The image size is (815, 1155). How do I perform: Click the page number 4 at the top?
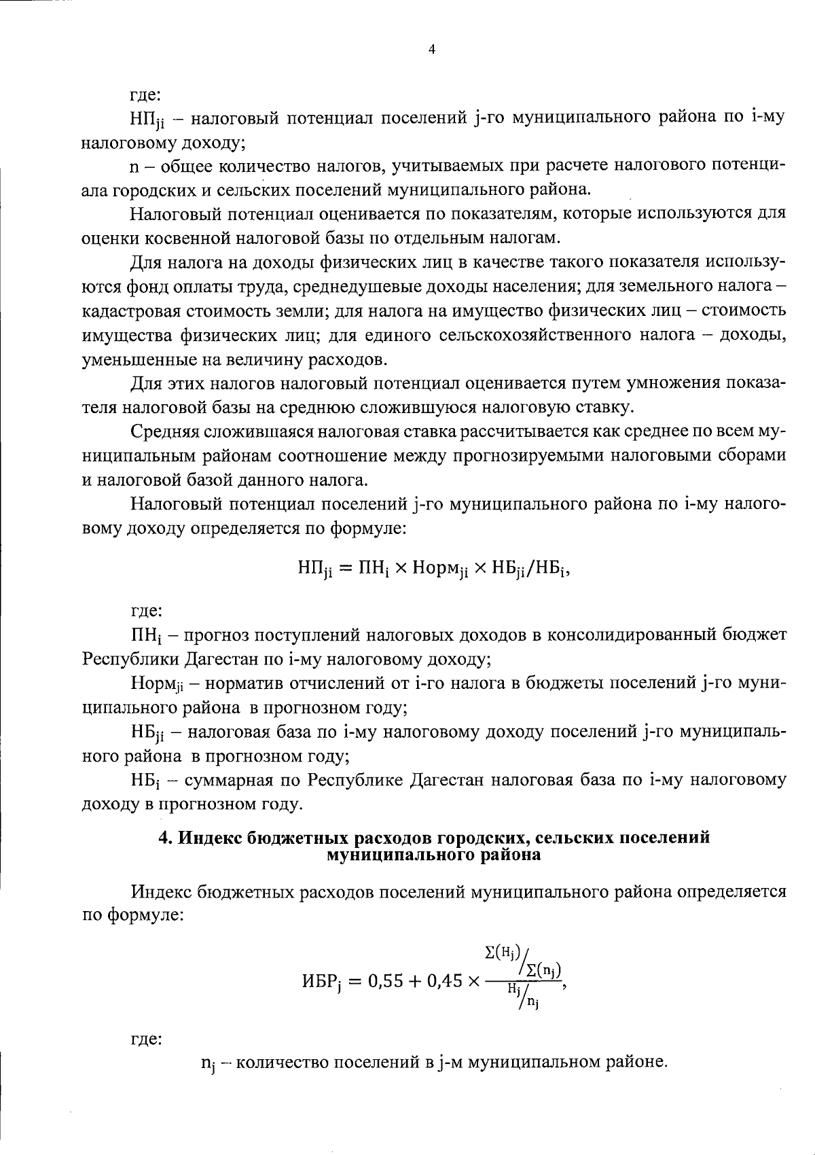(x=432, y=49)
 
